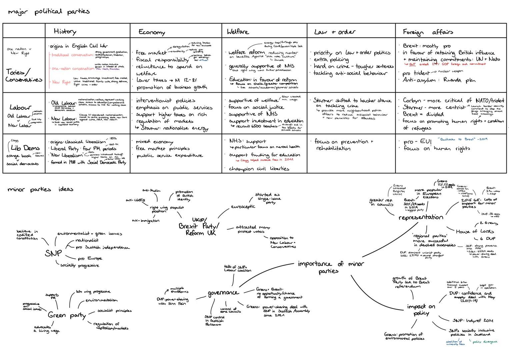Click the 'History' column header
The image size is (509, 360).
pyautogui.click(x=65, y=31)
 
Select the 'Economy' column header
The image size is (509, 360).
pyautogui.click(x=152, y=32)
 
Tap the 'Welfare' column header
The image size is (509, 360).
pyautogui.click(x=238, y=32)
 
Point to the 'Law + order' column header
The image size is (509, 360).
pyautogui.click(x=334, y=32)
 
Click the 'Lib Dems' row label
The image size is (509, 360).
pyautogui.click(x=25, y=148)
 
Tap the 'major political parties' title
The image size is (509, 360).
pyautogui.click(x=49, y=12)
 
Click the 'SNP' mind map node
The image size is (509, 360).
pyautogui.click(x=53, y=253)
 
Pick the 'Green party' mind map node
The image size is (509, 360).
pyautogui.click(x=67, y=315)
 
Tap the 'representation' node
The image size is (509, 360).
pyautogui.click(x=421, y=217)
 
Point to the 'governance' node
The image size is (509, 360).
pyautogui.click(x=223, y=293)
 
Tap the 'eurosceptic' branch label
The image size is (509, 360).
pyautogui.click(x=243, y=207)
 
